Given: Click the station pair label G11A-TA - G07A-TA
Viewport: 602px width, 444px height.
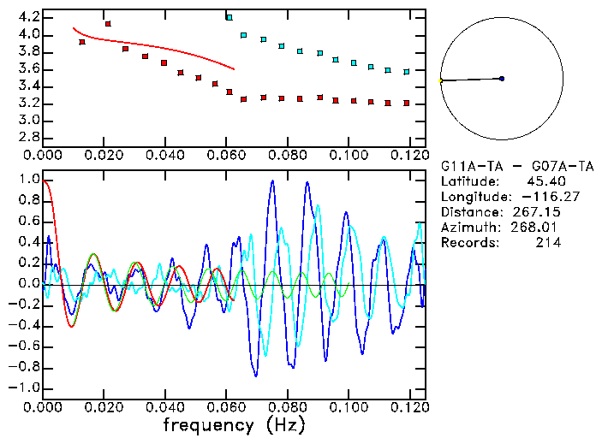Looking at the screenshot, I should (504, 166).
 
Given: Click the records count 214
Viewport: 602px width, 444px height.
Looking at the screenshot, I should (547, 243).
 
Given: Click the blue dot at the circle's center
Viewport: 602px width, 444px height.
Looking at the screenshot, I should (502, 79).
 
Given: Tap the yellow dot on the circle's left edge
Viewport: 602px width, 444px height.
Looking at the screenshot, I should (441, 80).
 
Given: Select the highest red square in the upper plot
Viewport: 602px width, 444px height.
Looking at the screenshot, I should (108, 24).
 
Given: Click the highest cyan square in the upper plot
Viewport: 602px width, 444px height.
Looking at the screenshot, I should (229, 17).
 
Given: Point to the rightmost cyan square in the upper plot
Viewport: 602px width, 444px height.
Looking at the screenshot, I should (407, 71).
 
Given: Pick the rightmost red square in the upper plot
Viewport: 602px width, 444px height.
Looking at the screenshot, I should (407, 103).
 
